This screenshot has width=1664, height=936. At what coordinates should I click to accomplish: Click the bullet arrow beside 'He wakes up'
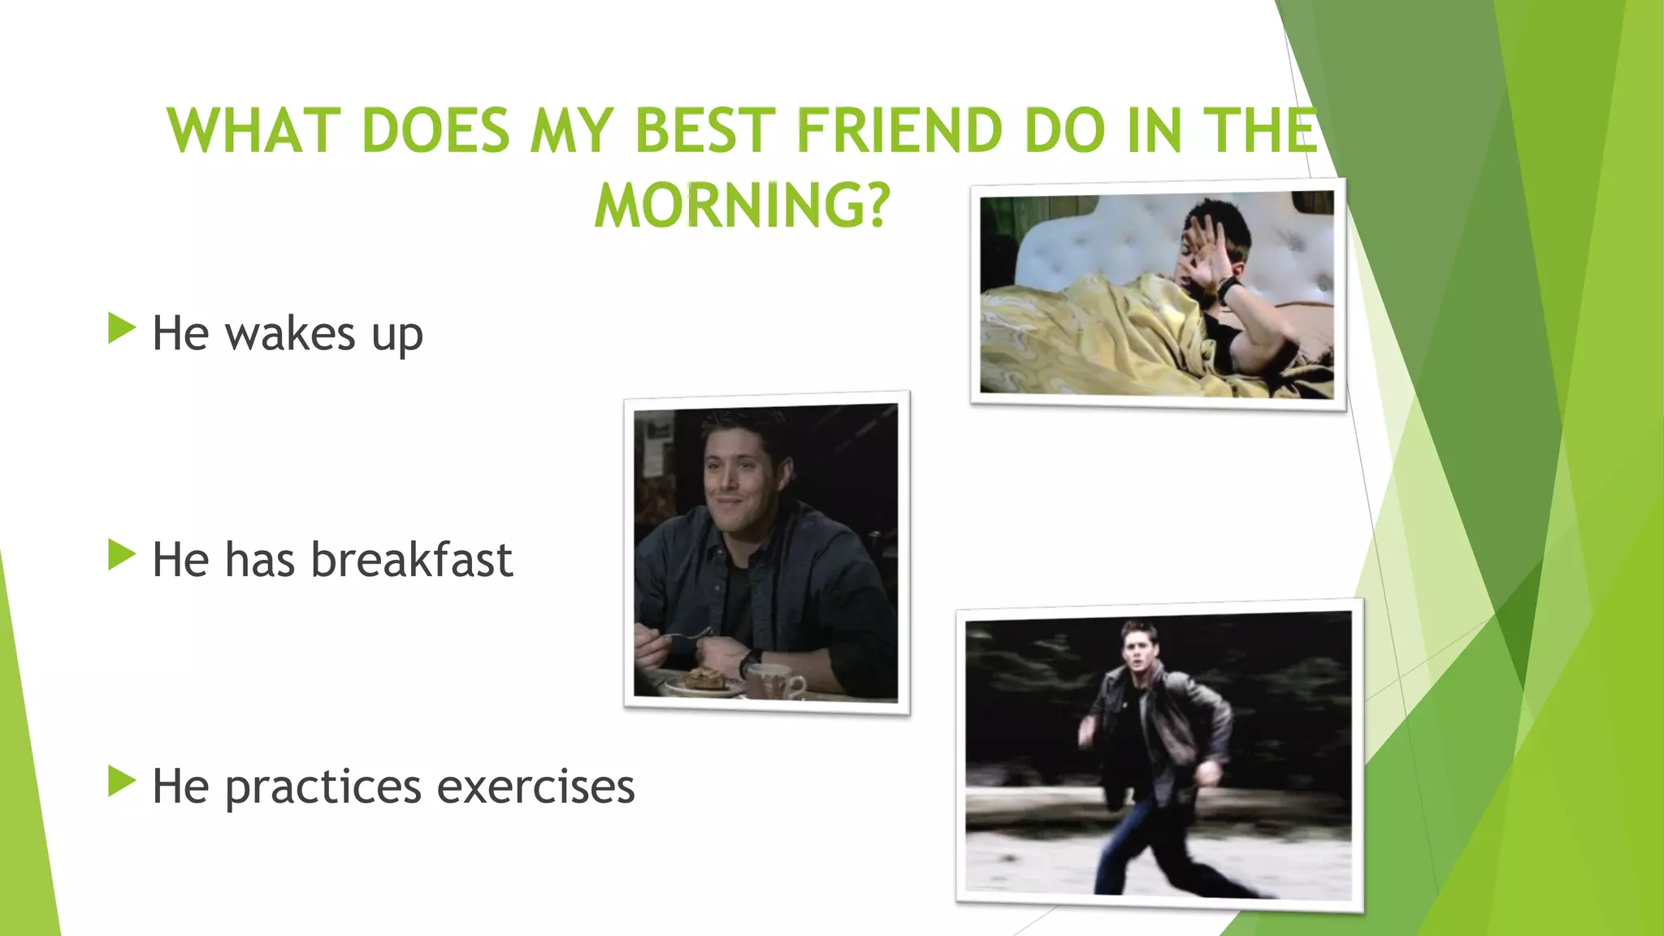(121, 329)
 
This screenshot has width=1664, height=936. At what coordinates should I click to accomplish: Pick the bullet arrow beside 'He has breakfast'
(121, 556)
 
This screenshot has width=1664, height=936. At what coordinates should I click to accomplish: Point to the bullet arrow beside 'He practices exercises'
(121, 782)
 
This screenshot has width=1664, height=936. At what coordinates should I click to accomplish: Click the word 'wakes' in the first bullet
(290, 333)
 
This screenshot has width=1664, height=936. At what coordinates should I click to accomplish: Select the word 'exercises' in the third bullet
(535, 786)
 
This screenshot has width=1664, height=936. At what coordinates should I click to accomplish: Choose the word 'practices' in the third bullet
(323, 786)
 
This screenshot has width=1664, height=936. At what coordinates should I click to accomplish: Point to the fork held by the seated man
(691, 636)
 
